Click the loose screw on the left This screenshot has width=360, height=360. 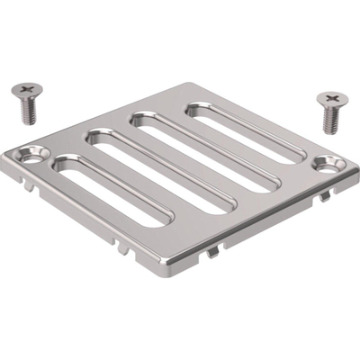click(26, 104)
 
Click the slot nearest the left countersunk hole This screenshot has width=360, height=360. click(112, 193)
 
